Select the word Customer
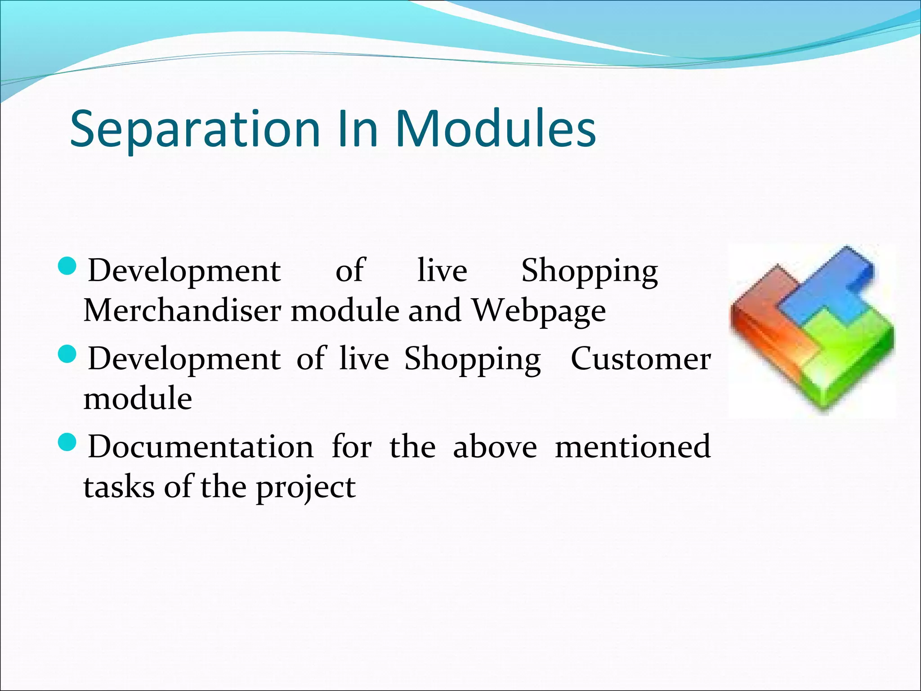(x=641, y=359)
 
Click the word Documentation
(x=201, y=447)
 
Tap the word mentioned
(x=633, y=447)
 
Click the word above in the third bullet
(x=495, y=447)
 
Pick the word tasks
(x=119, y=487)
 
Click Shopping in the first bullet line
(x=590, y=272)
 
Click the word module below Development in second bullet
(x=138, y=399)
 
